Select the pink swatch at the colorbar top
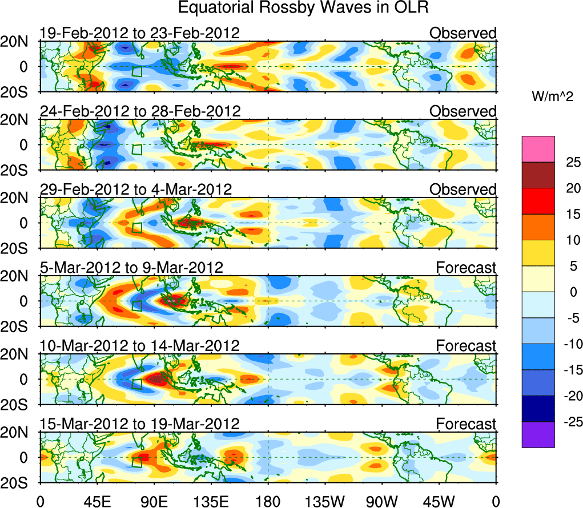pyautogui.click(x=537, y=149)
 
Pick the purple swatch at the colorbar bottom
pyautogui.click(x=537, y=434)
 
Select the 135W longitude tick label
pyautogui.click(x=325, y=501)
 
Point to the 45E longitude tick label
pyautogui.click(x=97, y=501)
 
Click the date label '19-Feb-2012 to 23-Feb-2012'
pyautogui.click(x=139, y=33)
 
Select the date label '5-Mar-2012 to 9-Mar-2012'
pyautogui.click(x=131, y=267)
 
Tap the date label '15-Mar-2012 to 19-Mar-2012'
pyautogui.click(x=139, y=424)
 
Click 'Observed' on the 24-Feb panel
pyautogui.click(x=463, y=111)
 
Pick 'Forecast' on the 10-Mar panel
pyautogui.click(x=466, y=345)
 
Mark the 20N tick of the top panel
pyautogui.click(x=20, y=41)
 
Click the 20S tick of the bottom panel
pyautogui.click(x=20, y=482)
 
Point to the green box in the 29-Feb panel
pyautogui.click(x=137, y=228)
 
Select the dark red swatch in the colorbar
pyautogui.click(x=537, y=175)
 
